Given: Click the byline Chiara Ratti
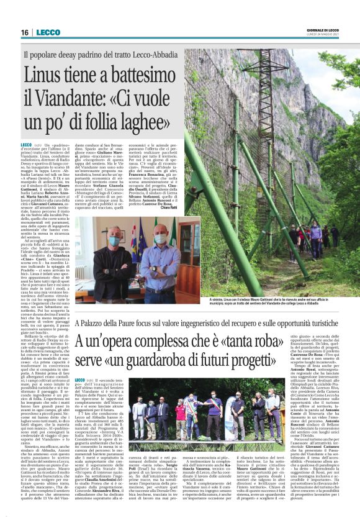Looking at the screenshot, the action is coord(168,207).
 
